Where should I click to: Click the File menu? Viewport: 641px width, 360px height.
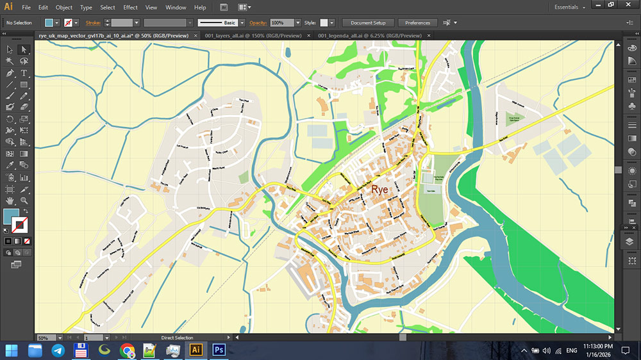(x=26, y=7)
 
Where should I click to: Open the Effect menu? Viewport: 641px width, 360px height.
(x=130, y=7)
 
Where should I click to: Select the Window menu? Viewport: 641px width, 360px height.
(x=176, y=7)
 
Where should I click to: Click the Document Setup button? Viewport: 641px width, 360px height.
(x=368, y=22)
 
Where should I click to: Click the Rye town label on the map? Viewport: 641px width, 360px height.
(x=379, y=190)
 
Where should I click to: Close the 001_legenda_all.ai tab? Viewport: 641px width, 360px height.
(x=428, y=36)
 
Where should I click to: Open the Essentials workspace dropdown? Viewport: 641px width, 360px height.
(x=570, y=7)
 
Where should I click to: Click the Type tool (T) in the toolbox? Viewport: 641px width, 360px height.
(x=24, y=74)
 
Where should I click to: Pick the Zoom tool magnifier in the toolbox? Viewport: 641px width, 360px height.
(x=24, y=200)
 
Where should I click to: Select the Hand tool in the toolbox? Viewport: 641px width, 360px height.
(x=10, y=200)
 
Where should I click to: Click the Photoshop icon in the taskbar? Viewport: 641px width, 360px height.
(x=219, y=350)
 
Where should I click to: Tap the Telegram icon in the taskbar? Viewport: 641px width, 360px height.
(x=58, y=350)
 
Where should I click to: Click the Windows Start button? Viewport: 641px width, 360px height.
(x=12, y=350)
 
